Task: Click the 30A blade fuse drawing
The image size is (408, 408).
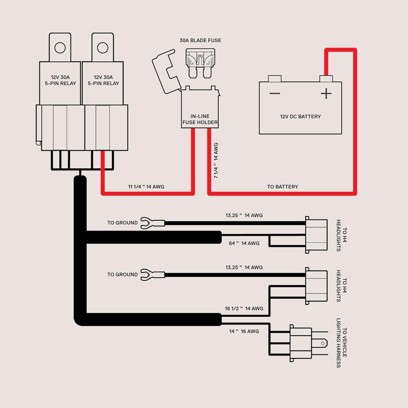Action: (200, 63)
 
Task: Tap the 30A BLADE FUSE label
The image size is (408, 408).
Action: (200, 41)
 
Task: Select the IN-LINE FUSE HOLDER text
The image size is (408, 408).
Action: (200, 119)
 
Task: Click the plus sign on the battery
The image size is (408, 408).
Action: (326, 94)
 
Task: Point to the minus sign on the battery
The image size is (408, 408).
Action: (275, 94)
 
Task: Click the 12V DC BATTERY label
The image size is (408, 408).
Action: (300, 117)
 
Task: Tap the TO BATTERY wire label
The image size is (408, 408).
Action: (282, 187)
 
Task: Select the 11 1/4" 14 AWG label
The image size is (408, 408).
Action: (146, 187)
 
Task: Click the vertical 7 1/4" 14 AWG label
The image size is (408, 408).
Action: (216, 160)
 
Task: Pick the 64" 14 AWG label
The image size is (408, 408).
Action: (244, 243)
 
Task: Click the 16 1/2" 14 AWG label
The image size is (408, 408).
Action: (244, 309)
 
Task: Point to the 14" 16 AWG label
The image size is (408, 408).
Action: (244, 332)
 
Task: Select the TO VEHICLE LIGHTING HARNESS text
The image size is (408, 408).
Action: (341, 343)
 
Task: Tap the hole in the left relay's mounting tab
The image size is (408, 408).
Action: (60, 48)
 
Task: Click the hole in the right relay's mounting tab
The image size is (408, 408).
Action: (103, 48)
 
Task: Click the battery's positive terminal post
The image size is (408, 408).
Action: (326, 79)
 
